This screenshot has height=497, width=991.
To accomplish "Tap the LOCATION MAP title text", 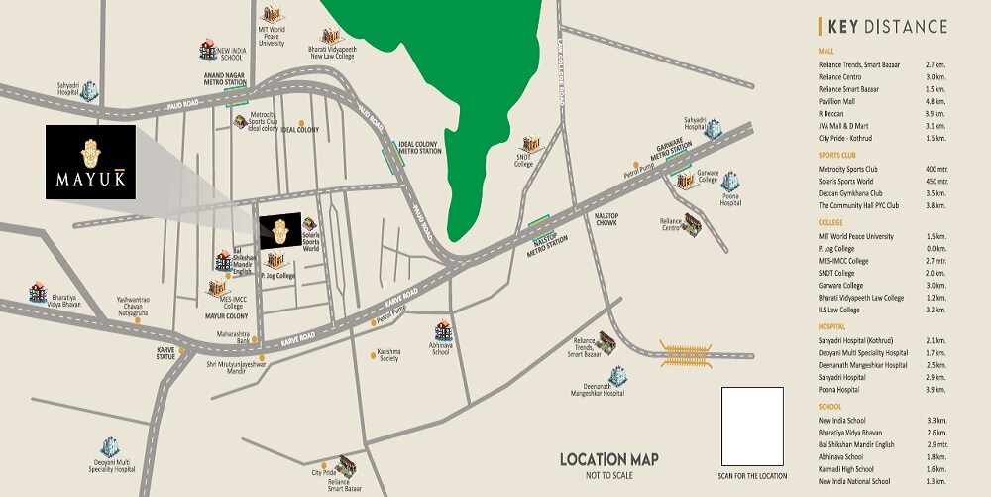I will pyautogui.click(x=608, y=459).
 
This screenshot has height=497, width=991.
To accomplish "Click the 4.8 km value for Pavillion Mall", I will pyautogui.click(x=936, y=101).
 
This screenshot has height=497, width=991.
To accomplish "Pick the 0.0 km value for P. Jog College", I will pyautogui.click(x=936, y=249).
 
